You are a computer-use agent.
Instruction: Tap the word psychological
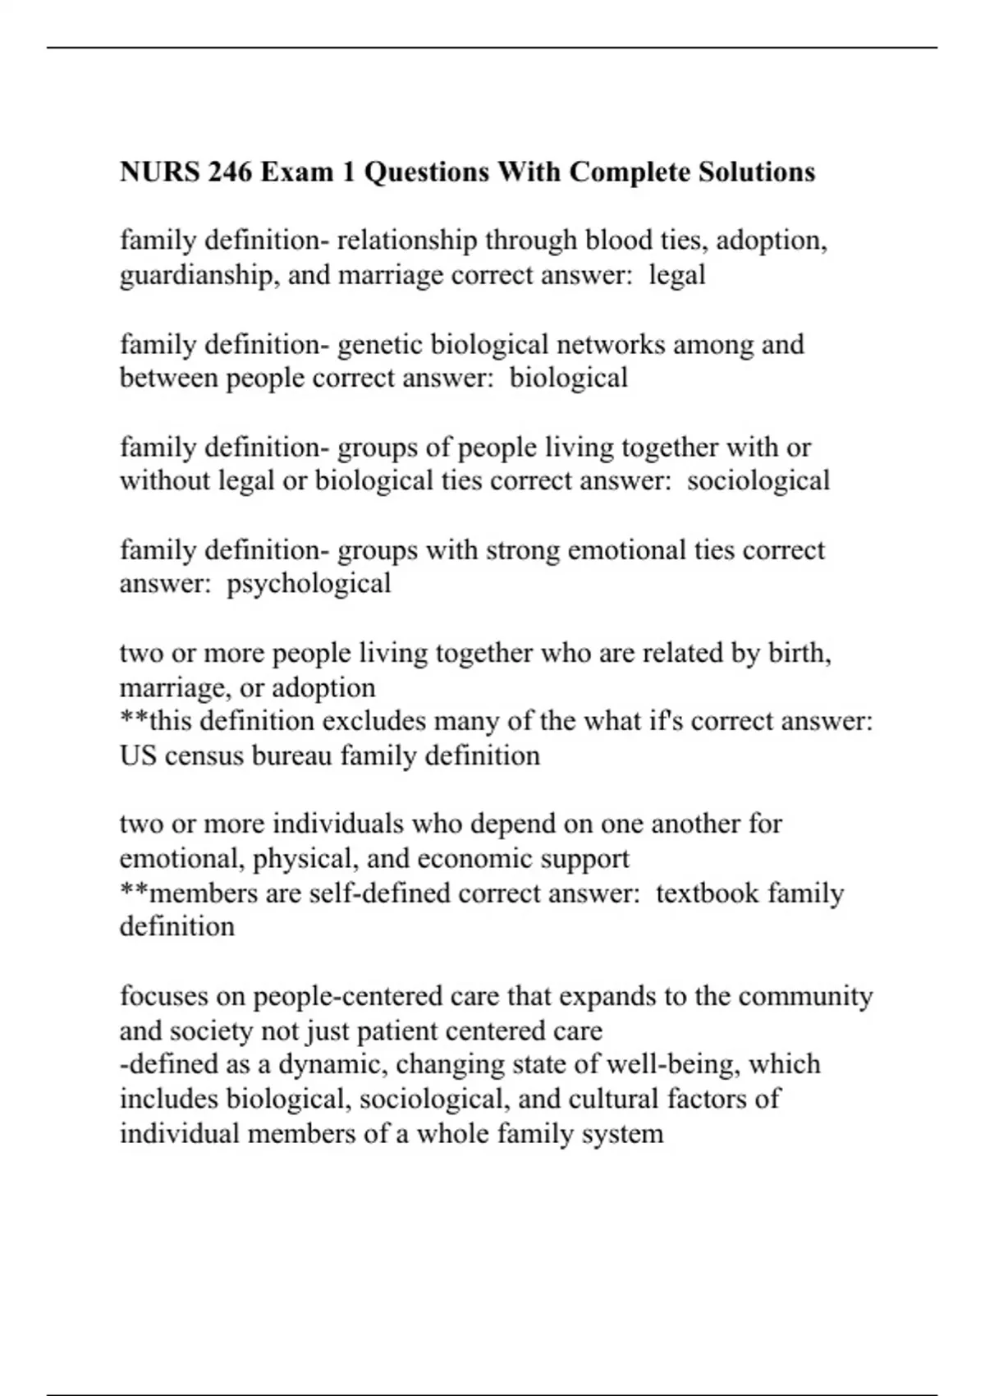(309, 584)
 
